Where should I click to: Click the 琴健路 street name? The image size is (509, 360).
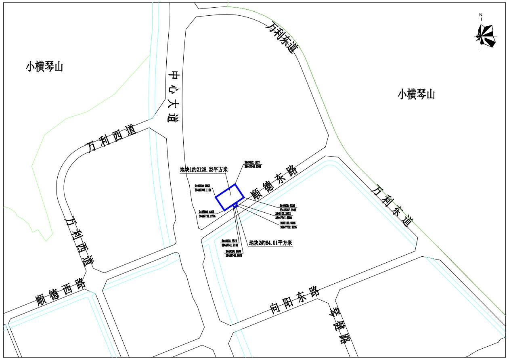[x=338, y=325]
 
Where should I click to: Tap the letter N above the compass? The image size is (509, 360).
[x=481, y=15]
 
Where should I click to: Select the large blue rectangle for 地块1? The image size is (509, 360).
[x=229, y=197]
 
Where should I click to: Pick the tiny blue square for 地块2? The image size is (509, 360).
[x=235, y=205]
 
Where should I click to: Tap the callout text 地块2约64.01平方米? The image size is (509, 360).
[x=270, y=243]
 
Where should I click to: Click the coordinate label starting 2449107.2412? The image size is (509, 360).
[x=286, y=216]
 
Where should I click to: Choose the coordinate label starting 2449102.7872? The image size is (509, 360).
[x=230, y=243]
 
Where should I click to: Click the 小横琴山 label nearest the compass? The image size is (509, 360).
[x=416, y=94]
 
